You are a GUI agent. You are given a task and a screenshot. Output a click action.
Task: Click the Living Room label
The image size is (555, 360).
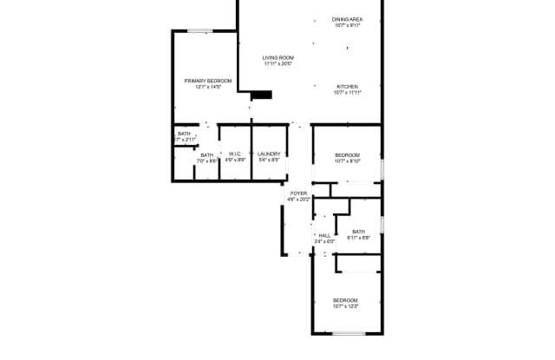278,58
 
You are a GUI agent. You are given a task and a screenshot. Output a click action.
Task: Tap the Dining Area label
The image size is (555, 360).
347,19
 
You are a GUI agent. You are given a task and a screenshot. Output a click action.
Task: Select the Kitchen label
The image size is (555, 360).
347,87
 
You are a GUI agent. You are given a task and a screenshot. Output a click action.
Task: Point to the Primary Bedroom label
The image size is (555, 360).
208,81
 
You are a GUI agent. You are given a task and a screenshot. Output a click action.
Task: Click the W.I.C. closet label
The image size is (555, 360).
235,154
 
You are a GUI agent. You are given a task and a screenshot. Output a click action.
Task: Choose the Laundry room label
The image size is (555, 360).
269,154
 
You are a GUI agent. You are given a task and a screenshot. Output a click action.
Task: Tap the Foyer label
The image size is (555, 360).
298,193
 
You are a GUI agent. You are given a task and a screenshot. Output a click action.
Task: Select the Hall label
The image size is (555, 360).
323,235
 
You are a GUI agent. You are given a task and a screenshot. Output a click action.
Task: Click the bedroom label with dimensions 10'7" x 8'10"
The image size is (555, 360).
347,154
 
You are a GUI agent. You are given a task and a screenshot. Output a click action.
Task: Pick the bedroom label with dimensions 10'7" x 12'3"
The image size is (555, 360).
346,300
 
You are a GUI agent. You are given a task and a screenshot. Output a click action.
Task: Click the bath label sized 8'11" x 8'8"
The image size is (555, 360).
359,232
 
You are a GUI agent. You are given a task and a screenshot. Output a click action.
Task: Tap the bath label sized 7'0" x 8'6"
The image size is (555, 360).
207,155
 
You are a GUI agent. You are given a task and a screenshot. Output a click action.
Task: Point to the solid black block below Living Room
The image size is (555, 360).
262,95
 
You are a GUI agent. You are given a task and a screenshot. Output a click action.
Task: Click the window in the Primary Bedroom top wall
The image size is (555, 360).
200,31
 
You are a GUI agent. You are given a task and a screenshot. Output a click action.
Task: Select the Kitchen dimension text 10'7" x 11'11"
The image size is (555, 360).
347,93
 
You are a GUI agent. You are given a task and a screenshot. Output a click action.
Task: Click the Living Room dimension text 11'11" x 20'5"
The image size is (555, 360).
278,64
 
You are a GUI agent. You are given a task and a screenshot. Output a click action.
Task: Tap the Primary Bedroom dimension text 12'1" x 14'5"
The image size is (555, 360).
208,87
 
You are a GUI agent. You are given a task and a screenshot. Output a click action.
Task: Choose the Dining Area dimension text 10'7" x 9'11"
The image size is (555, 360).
347,25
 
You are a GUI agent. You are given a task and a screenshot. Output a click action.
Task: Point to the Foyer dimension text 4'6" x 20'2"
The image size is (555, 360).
298,200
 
